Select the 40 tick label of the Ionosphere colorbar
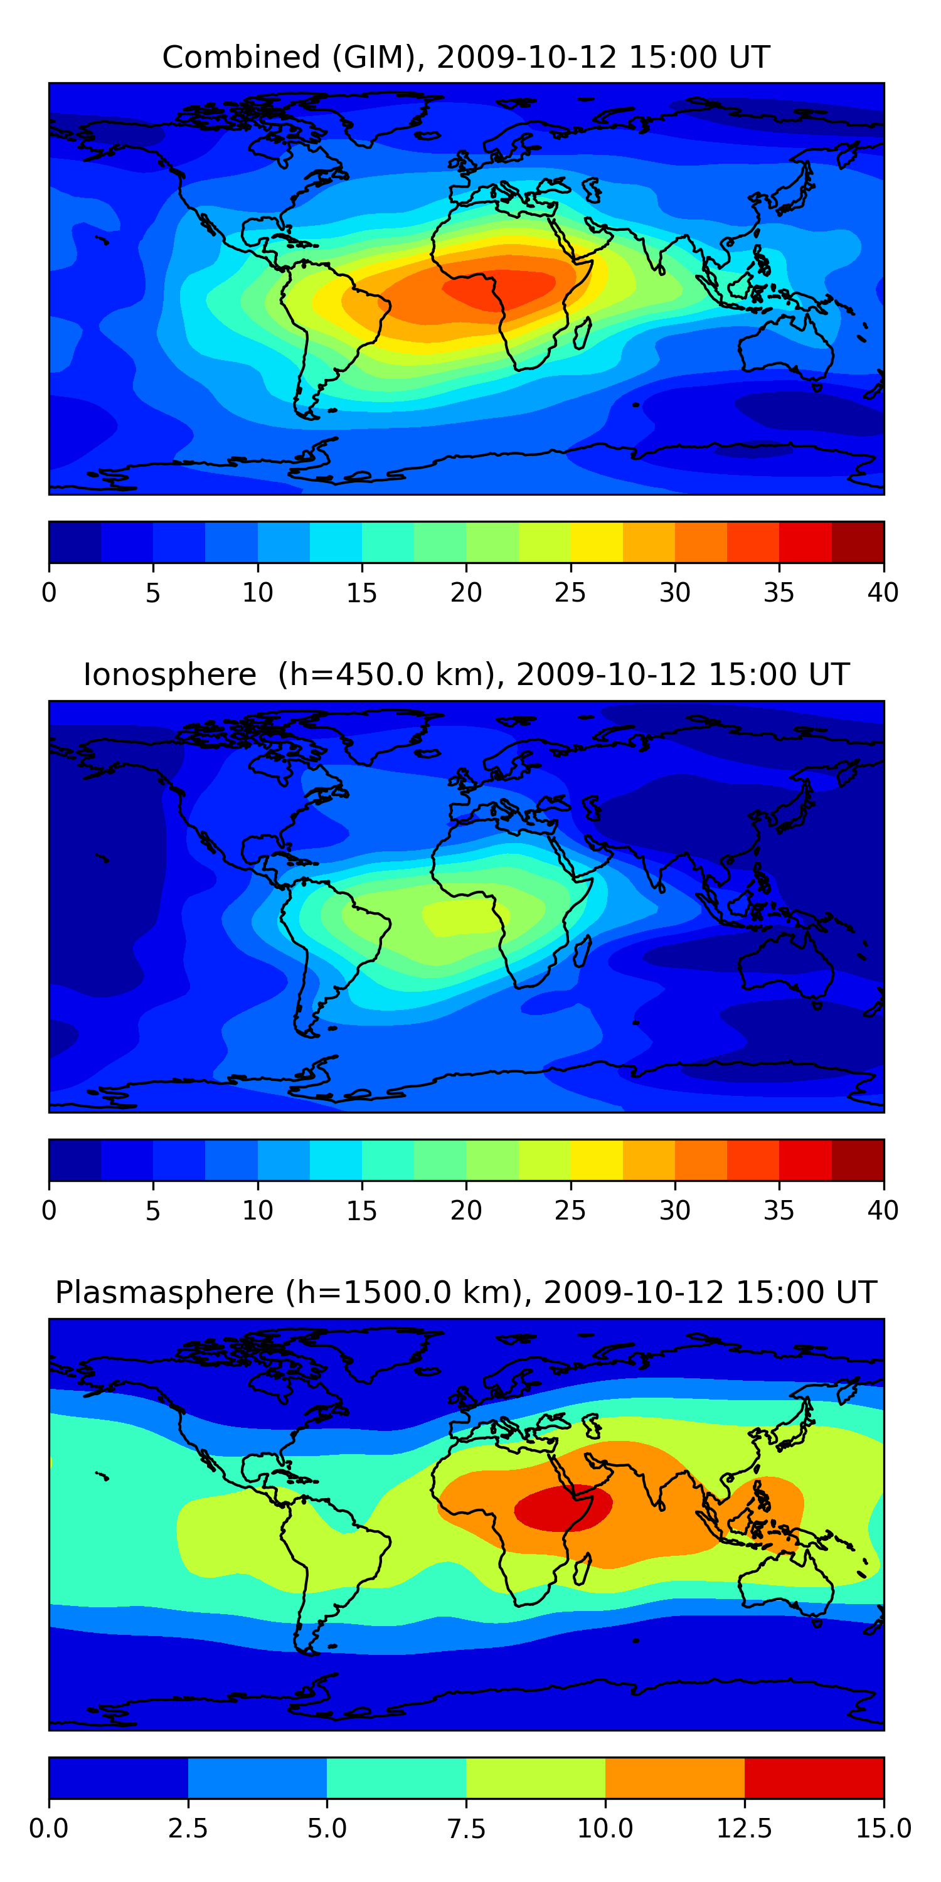(883, 1211)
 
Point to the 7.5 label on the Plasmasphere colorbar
(466, 1829)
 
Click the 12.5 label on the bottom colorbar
(745, 1829)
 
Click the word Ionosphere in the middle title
(169, 674)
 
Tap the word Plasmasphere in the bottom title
(164, 1292)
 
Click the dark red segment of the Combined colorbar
(858, 542)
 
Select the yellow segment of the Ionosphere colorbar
(596, 1159)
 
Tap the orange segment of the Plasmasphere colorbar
(675, 1777)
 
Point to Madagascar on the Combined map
(582, 333)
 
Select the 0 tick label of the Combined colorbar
(49, 592)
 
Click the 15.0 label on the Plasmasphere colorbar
(883, 1829)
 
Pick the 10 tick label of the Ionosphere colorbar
(257, 1211)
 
